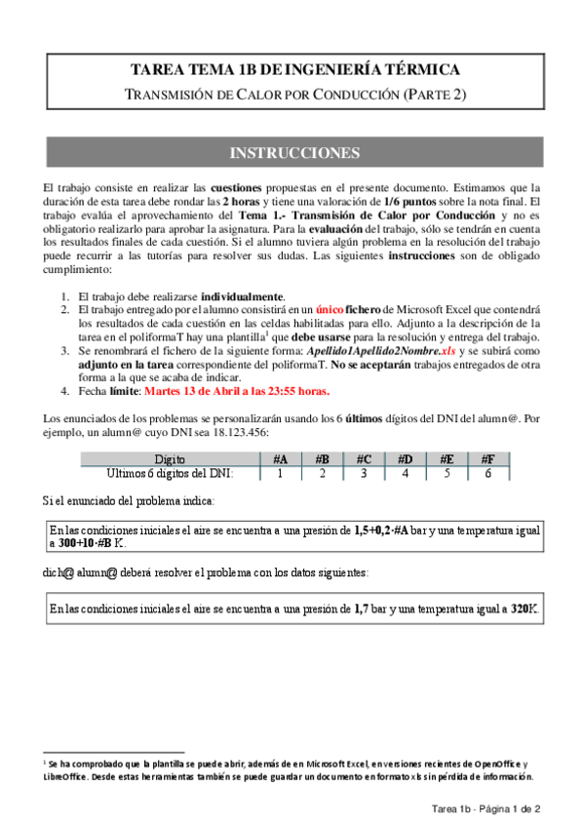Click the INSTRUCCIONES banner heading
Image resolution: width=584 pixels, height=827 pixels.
click(293, 153)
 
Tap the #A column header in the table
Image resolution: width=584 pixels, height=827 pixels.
click(280, 459)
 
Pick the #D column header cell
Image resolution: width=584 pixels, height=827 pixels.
click(406, 459)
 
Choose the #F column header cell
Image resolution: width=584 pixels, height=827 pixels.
click(487, 459)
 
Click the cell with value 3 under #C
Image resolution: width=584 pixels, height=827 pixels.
click(364, 473)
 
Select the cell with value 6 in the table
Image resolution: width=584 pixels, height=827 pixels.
click(487, 473)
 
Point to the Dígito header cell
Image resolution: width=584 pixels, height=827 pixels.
click(176, 459)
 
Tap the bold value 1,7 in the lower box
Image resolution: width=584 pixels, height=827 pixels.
click(363, 609)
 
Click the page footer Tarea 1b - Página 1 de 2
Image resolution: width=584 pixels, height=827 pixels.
click(487, 809)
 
